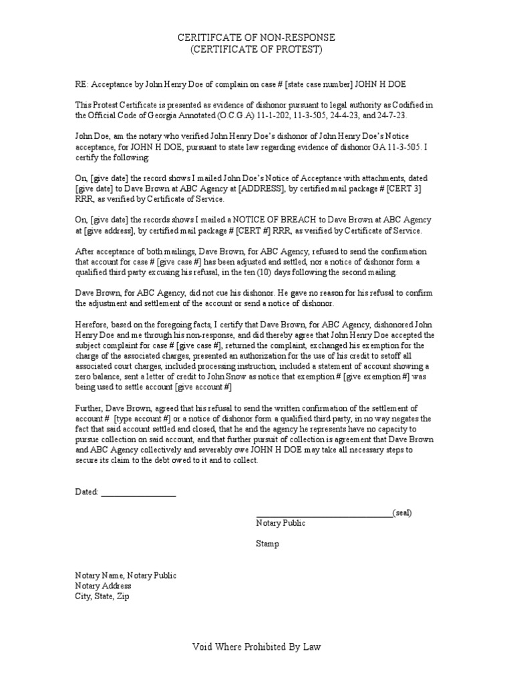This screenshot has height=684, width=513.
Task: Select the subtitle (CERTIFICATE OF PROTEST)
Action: tap(256, 50)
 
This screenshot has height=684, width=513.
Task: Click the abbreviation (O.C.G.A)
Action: tap(207, 116)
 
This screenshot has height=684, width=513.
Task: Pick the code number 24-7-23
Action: tap(382, 116)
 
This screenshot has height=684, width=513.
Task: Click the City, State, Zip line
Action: tap(102, 596)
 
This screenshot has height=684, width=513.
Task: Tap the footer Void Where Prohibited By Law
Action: tap(256, 647)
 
